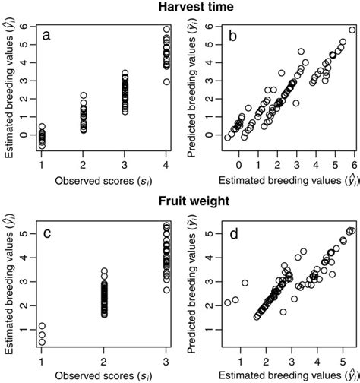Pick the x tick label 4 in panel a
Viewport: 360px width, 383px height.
pos(166,163)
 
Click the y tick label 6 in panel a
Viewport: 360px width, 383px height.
pos(25,27)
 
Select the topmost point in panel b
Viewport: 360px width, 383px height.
pos(352,30)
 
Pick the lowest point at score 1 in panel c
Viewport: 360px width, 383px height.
pos(42,342)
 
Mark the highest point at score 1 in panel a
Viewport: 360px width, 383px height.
pos(42,126)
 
